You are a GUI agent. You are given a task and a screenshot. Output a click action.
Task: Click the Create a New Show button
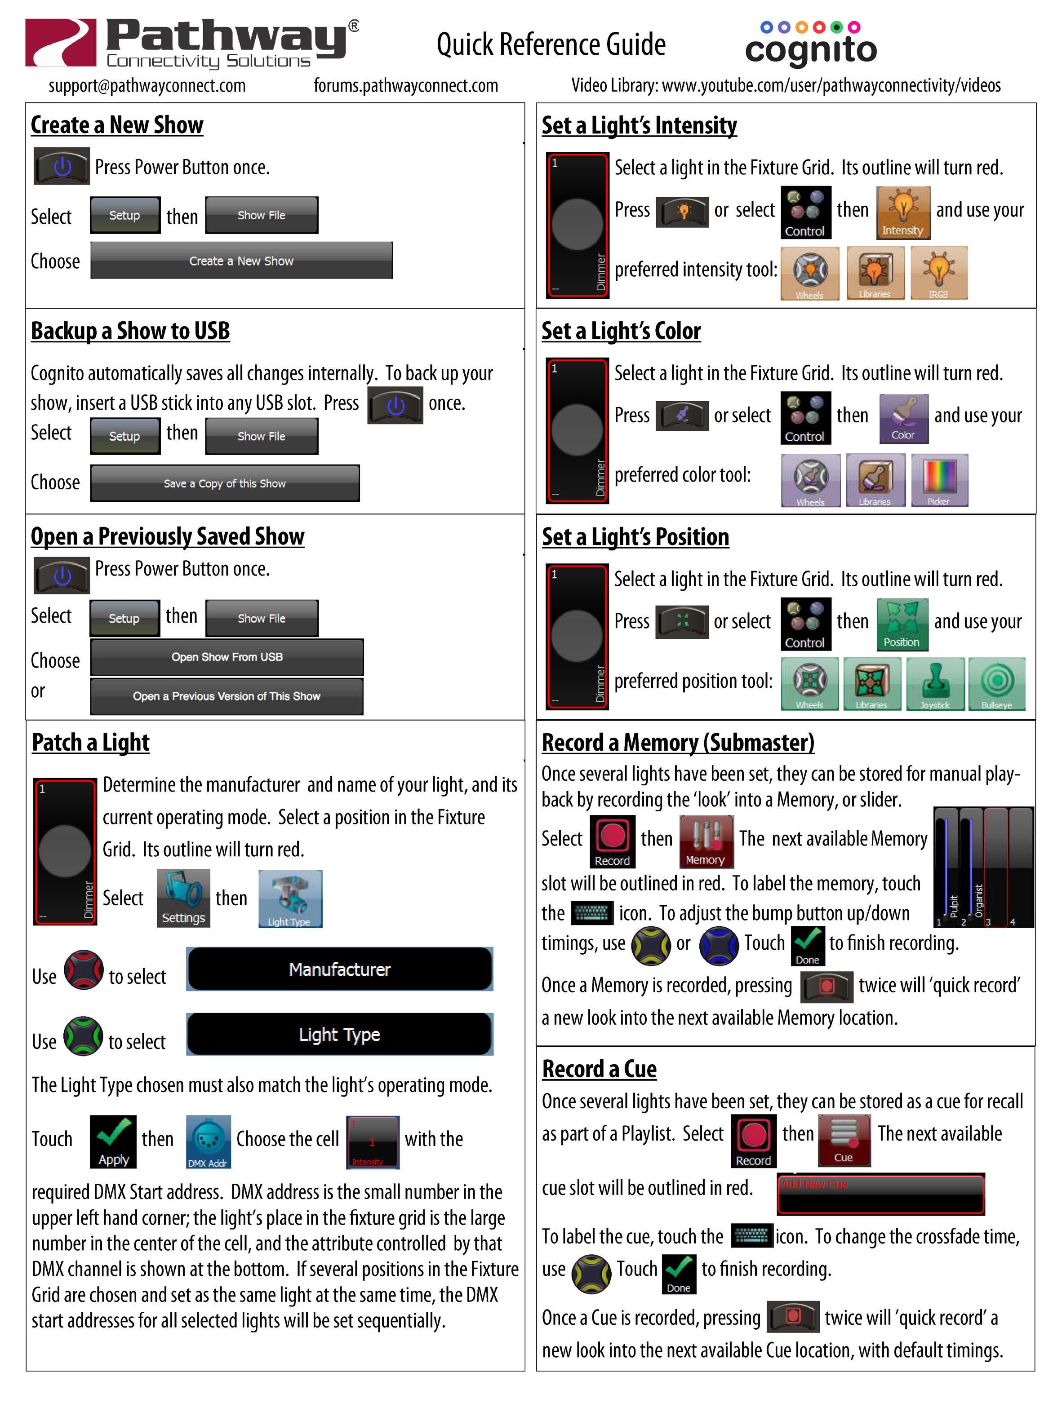tap(241, 261)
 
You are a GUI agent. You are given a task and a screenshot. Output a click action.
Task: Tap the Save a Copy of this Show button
tap(225, 483)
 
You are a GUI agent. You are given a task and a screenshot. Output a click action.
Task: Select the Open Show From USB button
tap(227, 657)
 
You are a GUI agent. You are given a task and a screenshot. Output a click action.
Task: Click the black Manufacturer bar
tap(339, 969)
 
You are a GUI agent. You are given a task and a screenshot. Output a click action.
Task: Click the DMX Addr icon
tap(208, 1142)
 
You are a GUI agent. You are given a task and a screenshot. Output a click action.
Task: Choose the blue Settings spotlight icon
tap(183, 898)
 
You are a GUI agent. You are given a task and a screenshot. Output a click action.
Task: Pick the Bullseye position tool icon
tap(996, 684)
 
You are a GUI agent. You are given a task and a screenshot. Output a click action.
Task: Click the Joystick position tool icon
tap(935, 684)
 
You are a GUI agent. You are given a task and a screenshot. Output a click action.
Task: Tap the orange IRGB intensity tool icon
tap(939, 273)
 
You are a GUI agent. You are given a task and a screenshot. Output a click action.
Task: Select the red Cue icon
tap(844, 1140)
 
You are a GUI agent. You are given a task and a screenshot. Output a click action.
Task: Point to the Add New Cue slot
tap(880, 1194)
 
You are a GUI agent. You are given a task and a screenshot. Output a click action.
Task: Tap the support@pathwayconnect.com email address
tap(147, 86)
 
